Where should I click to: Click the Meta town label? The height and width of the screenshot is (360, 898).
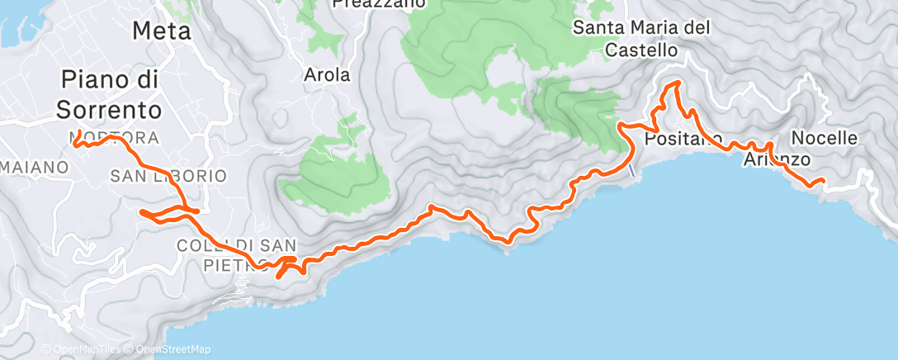162,31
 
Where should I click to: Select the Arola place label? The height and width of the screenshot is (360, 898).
328,75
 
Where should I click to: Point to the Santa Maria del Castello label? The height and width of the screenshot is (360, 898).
642,39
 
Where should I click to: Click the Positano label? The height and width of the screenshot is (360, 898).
683,138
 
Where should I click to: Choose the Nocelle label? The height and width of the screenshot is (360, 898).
824,137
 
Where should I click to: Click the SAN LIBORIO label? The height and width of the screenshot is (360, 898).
168,176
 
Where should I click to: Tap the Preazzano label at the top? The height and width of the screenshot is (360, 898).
379,3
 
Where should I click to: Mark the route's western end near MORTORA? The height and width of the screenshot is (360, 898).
76,144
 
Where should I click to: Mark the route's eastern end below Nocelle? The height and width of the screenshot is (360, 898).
822,181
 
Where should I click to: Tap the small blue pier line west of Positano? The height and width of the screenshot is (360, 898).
631,169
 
